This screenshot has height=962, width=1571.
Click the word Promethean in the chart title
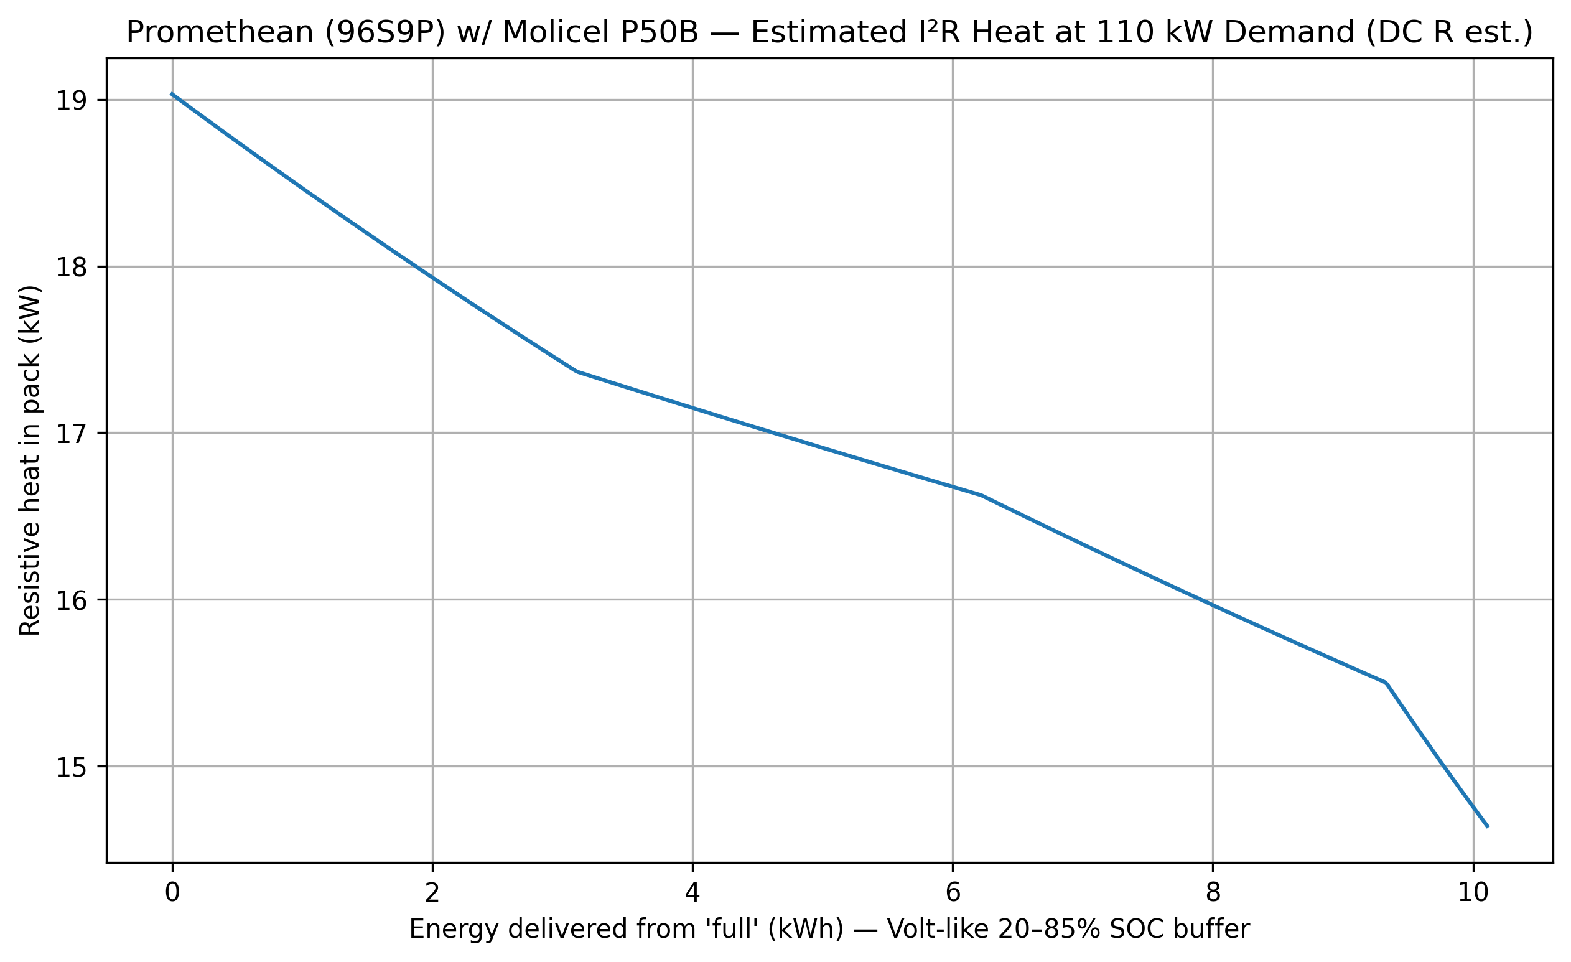click(x=221, y=32)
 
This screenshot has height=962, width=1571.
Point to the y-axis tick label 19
click(x=71, y=101)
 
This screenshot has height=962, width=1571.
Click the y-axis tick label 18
click(x=71, y=268)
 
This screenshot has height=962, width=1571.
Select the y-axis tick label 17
click(x=71, y=434)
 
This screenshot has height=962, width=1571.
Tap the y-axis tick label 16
click(x=71, y=600)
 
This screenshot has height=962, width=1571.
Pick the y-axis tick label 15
click(x=71, y=768)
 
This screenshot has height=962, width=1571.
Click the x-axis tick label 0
click(x=172, y=893)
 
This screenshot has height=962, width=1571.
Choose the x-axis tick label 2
click(x=432, y=893)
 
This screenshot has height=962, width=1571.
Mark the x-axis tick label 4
click(x=692, y=893)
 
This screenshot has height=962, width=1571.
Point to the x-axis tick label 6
click(x=953, y=893)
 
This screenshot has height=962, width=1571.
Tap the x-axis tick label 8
click(x=1213, y=893)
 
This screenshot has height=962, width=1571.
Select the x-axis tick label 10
click(x=1473, y=893)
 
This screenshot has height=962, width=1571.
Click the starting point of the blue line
click(x=172, y=94)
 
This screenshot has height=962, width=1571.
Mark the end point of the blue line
click(x=1488, y=827)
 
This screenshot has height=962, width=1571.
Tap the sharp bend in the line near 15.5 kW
click(x=1386, y=683)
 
